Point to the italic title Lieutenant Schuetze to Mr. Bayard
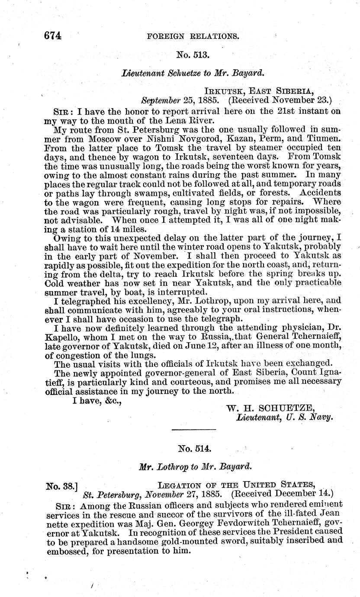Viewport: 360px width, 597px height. coord(193,74)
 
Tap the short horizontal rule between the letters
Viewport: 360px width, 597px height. coord(193,429)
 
